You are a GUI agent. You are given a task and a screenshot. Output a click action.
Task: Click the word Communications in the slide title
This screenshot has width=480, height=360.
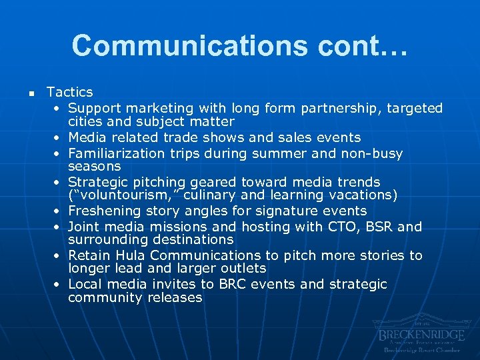[x=188, y=45]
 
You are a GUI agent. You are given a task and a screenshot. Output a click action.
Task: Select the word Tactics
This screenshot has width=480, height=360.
[x=70, y=92]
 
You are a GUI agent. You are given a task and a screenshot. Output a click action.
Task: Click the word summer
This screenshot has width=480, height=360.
[x=280, y=153]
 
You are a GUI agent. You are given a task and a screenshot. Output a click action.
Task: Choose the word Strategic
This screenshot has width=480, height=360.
[x=97, y=182]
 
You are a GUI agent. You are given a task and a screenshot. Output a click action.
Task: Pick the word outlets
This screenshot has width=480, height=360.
[x=243, y=269]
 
